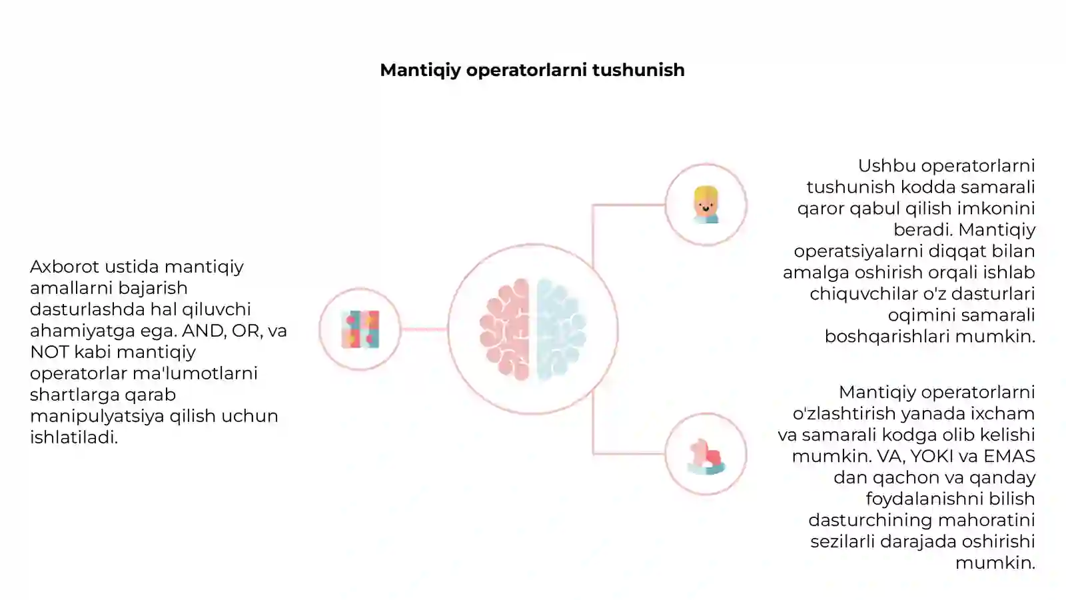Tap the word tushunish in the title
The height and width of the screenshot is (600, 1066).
coord(639,70)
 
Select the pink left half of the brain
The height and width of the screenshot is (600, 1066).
coord(505,329)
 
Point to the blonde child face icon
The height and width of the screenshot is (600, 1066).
coord(706,205)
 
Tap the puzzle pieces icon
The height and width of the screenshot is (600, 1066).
coord(360,329)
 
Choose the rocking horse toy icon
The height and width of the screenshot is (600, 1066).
coord(706,456)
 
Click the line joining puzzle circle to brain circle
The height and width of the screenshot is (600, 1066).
coord(424,329)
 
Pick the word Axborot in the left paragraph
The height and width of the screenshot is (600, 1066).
coord(65,267)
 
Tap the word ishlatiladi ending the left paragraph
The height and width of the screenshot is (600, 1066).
coord(74,437)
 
